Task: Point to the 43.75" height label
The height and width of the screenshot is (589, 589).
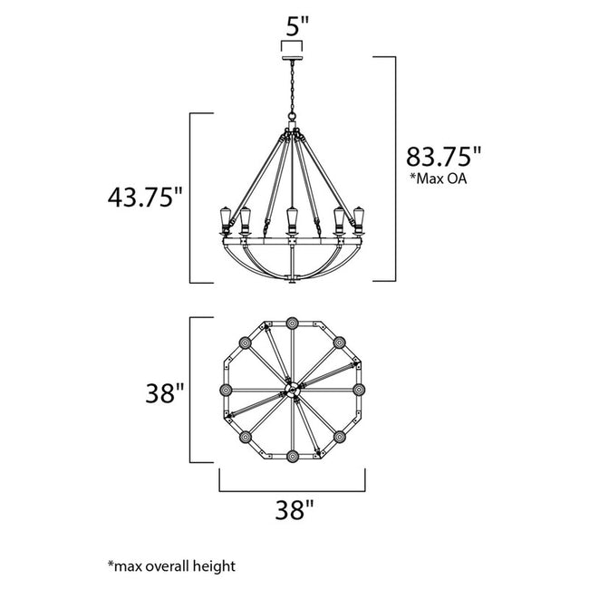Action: (145, 197)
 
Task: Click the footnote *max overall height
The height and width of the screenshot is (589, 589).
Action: (171, 566)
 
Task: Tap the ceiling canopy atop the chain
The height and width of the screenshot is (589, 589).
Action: (292, 58)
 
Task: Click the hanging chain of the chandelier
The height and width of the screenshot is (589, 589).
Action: (292, 91)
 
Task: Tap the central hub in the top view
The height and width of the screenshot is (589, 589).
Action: (292, 390)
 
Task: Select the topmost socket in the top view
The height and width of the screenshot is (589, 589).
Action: (292, 323)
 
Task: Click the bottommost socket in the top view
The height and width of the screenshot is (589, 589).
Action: (292, 457)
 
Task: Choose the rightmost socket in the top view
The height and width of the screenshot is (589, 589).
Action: (359, 390)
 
